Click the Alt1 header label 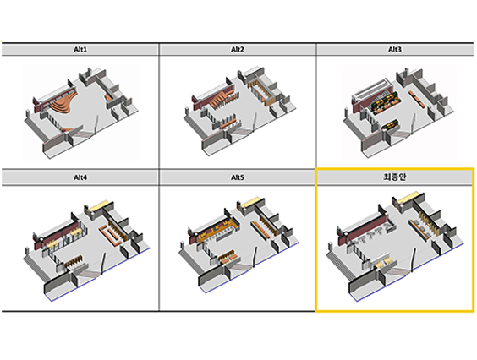[x=80, y=49]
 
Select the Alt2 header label [x=238, y=49]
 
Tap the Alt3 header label [x=395, y=49]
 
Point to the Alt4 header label [x=80, y=177]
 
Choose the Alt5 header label [x=238, y=177]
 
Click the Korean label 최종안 [x=395, y=177]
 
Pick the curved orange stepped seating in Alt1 [x=63, y=102]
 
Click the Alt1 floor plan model [x=80, y=112]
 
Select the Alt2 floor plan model [x=239, y=110]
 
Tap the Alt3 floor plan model [x=398, y=112]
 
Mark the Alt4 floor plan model [x=86, y=250]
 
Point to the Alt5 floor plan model [x=238, y=245]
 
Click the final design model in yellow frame [x=395, y=246]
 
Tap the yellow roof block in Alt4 [x=98, y=206]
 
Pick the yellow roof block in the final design [x=408, y=198]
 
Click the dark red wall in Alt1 [x=38, y=107]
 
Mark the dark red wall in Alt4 [x=57, y=233]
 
